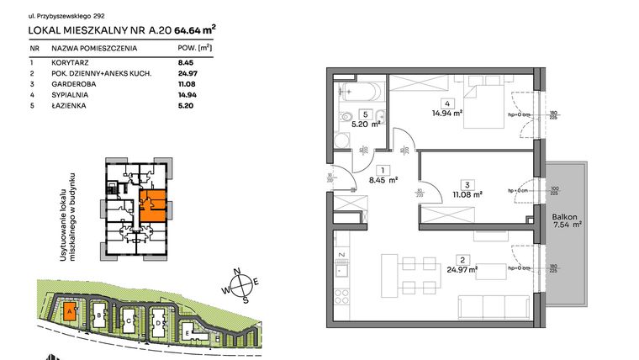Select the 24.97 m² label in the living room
(x=462, y=270)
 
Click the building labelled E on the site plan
(x=187, y=331)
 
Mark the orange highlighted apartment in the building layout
(x=152, y=204)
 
